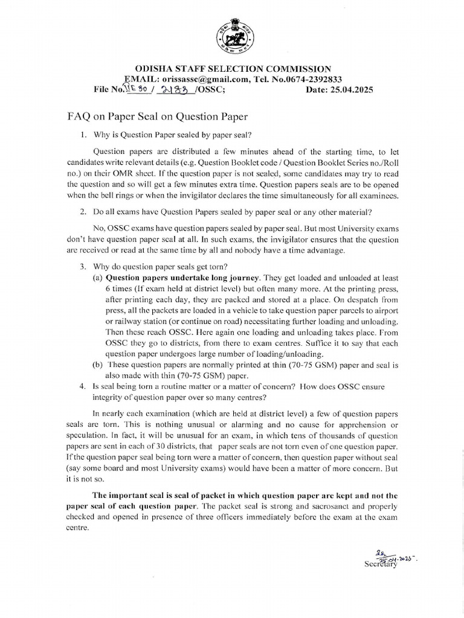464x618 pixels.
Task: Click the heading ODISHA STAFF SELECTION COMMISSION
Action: pos(232,69)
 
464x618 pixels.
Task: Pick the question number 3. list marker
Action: pos(84,266)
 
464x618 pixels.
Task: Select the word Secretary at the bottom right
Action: pos(381,564)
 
